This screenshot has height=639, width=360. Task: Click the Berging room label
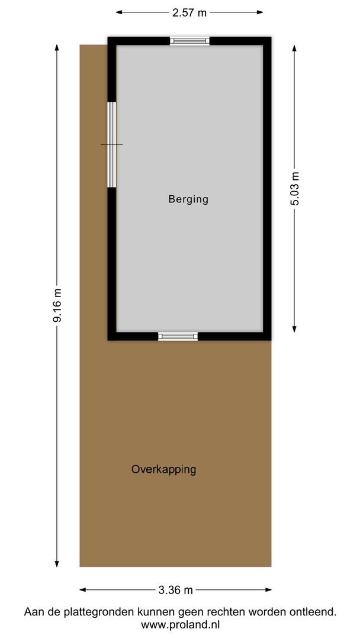pos(188,199)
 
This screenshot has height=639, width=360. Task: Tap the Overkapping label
pos(163,470)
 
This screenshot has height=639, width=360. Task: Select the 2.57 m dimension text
pos(189,12)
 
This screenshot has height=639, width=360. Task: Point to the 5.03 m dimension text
pos(295,188)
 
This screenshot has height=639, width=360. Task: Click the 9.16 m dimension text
pos(57,305)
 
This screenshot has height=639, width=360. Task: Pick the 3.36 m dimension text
pos(176,590)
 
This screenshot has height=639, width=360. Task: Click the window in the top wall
pos(189,41)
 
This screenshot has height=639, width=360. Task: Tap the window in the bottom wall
pos(178,336)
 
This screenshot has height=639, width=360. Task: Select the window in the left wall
pos(111,145)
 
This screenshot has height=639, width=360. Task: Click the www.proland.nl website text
pos(180,625)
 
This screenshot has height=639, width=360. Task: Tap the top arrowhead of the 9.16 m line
pos(57,47)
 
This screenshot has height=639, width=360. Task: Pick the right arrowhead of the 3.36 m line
pos(269,590)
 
